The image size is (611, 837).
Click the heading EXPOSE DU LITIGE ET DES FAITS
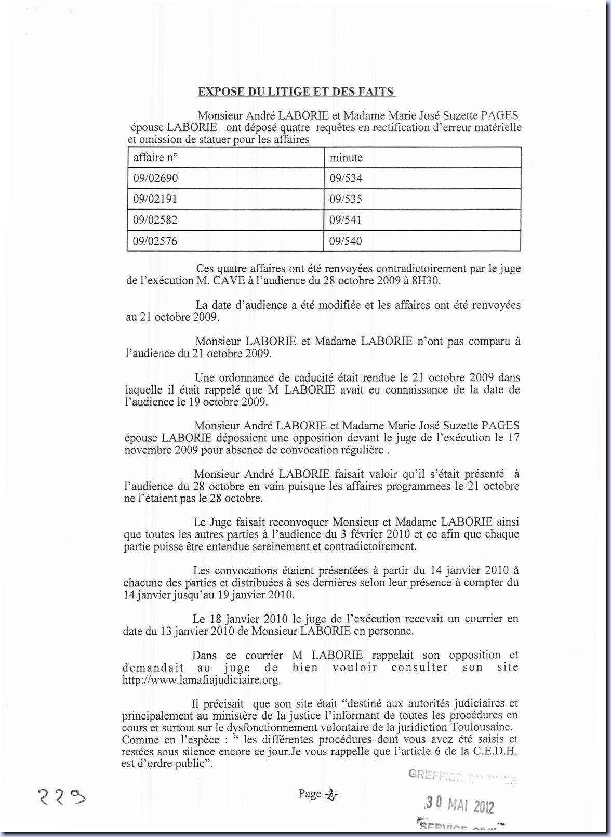coord(296,92)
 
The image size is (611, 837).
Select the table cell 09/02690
coord(155,178)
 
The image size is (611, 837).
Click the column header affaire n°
coord(155,158)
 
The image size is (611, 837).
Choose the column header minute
coord(346,158)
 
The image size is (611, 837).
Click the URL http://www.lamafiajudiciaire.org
coord(201,680)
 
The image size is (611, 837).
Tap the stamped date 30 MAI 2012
coord(459,805)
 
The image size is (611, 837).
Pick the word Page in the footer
coord(310,794)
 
